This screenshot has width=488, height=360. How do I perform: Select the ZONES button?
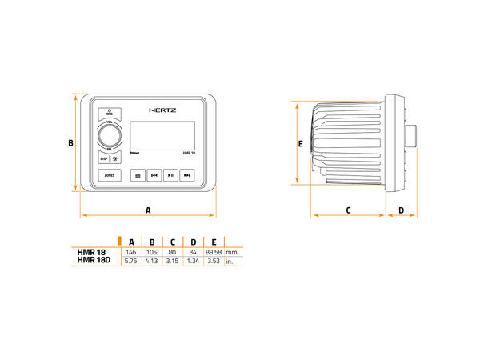(x=110, y=174)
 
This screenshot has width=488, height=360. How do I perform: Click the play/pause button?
(x=170, y=174)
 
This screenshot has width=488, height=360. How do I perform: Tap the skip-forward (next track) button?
(x=187, y=174)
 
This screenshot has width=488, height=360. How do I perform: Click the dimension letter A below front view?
(x=148, y=209)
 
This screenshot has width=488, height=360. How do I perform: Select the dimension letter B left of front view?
(x=70, y=143)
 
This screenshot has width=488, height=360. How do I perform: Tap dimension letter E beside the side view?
(x=300, y=144)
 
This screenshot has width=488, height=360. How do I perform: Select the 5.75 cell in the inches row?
(x=131, y=261)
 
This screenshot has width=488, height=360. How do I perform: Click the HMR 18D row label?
(x=93, y=261)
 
